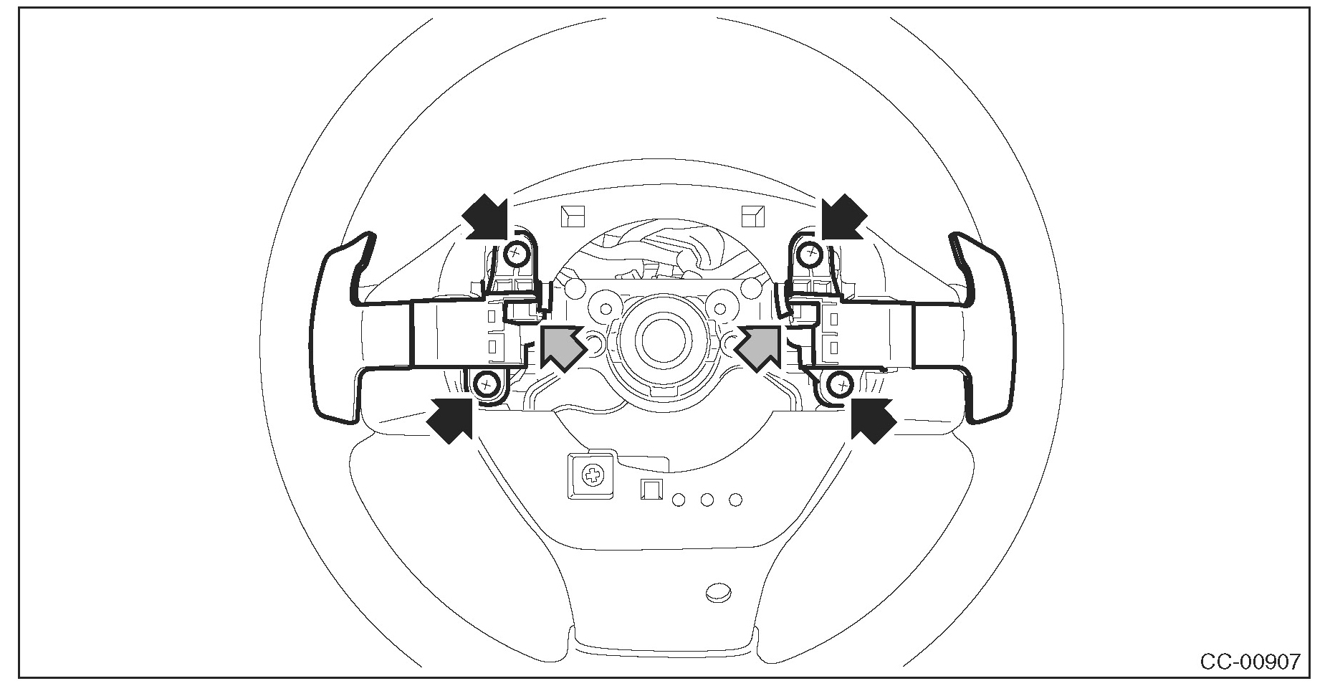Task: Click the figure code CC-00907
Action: coord(1250,661)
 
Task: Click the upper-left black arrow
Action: coord(486,216)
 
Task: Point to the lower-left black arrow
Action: coord(450,421)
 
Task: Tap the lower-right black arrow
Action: coord(873,421)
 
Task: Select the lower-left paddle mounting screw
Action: coord(487,384)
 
